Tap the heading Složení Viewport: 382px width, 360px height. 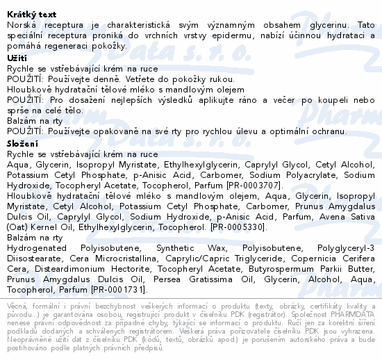(24, 142)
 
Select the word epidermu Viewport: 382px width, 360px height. (216, 35)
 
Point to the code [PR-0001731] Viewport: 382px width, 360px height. (104, 289)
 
